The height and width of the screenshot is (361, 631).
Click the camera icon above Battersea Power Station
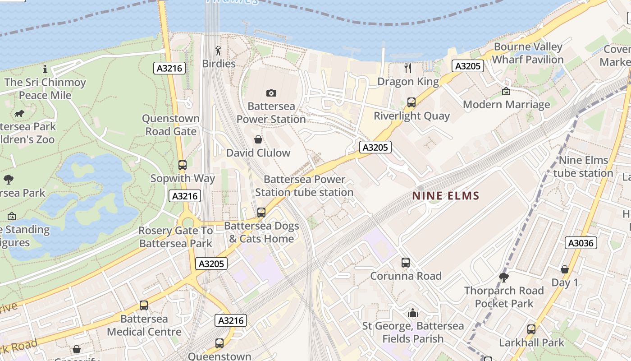pos(271,93)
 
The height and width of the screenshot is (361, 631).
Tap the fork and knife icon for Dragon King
pos(408,68)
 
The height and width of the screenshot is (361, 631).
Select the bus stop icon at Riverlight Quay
pos(412,102)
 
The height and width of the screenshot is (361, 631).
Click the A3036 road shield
pos(581,243)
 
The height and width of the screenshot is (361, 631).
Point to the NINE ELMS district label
pos(446,196)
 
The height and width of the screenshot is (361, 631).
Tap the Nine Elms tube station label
pos(583,167)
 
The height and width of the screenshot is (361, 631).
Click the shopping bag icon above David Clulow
pos(258,139)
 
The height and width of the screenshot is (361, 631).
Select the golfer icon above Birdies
pos(219,50)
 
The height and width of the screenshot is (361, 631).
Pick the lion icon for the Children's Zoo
pos(19,113)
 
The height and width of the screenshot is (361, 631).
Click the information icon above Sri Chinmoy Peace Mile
pos(45,69)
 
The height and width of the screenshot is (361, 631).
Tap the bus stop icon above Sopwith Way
pos(183,165)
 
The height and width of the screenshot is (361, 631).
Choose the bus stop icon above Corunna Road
pos(406,263)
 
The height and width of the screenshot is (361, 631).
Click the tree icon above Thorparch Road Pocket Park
pos(504,277)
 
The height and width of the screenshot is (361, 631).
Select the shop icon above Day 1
pos(565,269)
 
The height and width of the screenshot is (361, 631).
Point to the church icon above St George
pos(413,312)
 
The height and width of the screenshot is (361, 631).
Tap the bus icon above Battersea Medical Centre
pos(144,305)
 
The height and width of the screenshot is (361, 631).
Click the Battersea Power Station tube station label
pos(304,186)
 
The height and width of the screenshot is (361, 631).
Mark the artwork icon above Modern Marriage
pos(506,91)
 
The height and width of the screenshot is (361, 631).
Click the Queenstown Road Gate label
pos(171,125)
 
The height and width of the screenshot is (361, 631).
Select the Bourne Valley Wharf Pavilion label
pos(528,53)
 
